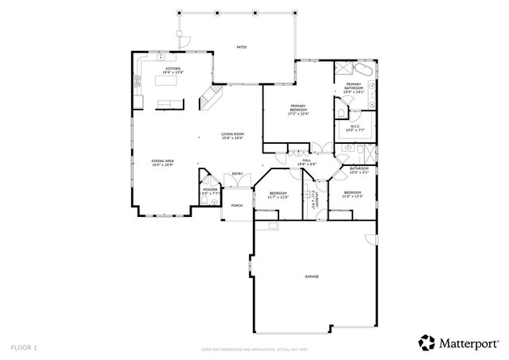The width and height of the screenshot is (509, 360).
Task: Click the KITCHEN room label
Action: point(173,69)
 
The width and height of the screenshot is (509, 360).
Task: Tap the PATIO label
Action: point(241,47)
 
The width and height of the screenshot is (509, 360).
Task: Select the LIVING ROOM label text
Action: point(231,134)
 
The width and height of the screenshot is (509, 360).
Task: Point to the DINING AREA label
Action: point(162,161)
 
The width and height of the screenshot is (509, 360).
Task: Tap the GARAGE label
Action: point(311,276)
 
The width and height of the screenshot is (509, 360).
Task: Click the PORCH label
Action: point(236,205)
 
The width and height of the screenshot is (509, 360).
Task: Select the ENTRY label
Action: point(237,174)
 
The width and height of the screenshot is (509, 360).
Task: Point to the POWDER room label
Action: point(209,189)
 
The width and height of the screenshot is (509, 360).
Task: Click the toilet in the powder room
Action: point(205,204)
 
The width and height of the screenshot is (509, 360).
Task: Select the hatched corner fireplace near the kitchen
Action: point(211,96)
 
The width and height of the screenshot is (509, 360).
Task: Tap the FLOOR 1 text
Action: point(24,347)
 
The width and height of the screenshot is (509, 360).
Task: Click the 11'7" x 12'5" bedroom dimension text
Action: point(278,196)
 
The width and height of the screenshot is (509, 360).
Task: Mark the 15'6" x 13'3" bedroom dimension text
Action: point(353,196)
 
